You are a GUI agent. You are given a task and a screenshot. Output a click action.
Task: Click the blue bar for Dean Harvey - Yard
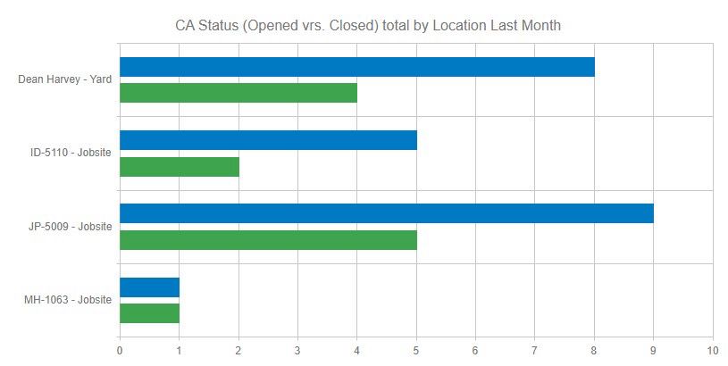pyautogui.click(x=357, y=67)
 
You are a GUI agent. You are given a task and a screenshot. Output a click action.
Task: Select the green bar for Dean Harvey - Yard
pyautogui.click(x=238, y=93)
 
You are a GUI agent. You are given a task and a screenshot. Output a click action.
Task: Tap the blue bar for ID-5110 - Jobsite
pyautogui.click(x=268, y=140)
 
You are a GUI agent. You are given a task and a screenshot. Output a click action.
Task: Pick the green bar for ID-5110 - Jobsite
pyautogui.click(x=180, y=167)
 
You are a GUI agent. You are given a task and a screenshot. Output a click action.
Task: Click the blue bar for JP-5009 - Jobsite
pyautogui.click(x=387, y=213)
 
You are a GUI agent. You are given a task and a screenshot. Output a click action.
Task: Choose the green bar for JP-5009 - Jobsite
pyautogui.click(x=268, y=240)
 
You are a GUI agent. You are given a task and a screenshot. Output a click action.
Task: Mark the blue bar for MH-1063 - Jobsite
pyautogui.click(x=150, y=287)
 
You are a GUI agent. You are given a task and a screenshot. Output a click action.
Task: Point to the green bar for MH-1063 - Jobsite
pyautogui.click(x=150, y=313)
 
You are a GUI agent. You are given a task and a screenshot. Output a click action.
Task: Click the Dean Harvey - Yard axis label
pyautogui.click(x=64, y=79)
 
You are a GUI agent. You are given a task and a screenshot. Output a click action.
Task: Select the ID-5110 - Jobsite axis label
pyautogui.click(x=71, y=153)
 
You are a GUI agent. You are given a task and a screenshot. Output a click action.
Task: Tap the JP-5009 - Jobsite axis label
pyautogui.click(x=70, y=227)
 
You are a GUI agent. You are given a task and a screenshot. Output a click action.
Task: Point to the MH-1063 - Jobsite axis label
pyautogui.click(x=68, y=300)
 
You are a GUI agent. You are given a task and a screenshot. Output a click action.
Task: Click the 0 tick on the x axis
pyautogui.click(x=120, y=351)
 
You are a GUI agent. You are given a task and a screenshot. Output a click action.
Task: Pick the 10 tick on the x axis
pyautogui.click(x=712, y=351)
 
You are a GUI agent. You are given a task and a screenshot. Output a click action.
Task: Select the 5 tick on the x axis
pyautogui.click(x=416, y=351)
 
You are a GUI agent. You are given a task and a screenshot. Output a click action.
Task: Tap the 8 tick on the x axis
pyautogui.click(x=594, y=351)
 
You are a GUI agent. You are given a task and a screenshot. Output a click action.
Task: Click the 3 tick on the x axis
pyautogui.click(x=297, y=351)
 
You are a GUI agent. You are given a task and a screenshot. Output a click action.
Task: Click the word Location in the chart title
pyautogui.click(x=459, y=26)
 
